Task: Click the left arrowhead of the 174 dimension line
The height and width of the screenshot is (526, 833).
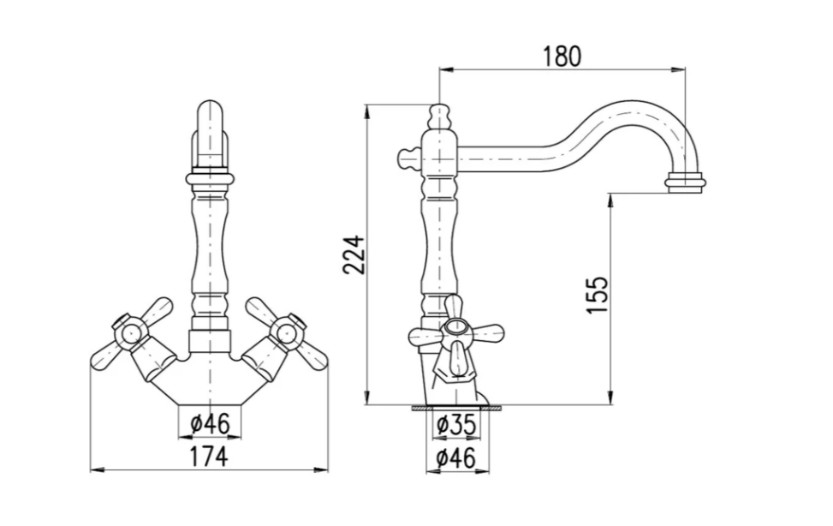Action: (97, 469)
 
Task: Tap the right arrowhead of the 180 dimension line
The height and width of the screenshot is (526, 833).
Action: (678, 69)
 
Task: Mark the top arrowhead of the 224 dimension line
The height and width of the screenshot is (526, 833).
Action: (366, 111)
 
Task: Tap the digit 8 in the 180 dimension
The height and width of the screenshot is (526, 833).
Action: (562, 57)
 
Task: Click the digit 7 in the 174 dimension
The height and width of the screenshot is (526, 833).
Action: (208, 457)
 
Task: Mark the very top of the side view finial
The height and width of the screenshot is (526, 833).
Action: (439, 104)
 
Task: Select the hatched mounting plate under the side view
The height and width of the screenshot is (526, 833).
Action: (456, 408)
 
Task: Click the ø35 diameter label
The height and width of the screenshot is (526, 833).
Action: (456, 425)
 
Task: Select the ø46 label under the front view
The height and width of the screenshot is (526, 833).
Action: (211, 424)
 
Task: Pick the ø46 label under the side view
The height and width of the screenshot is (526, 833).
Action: (456, 458)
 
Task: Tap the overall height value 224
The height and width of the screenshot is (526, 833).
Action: (354, 254)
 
